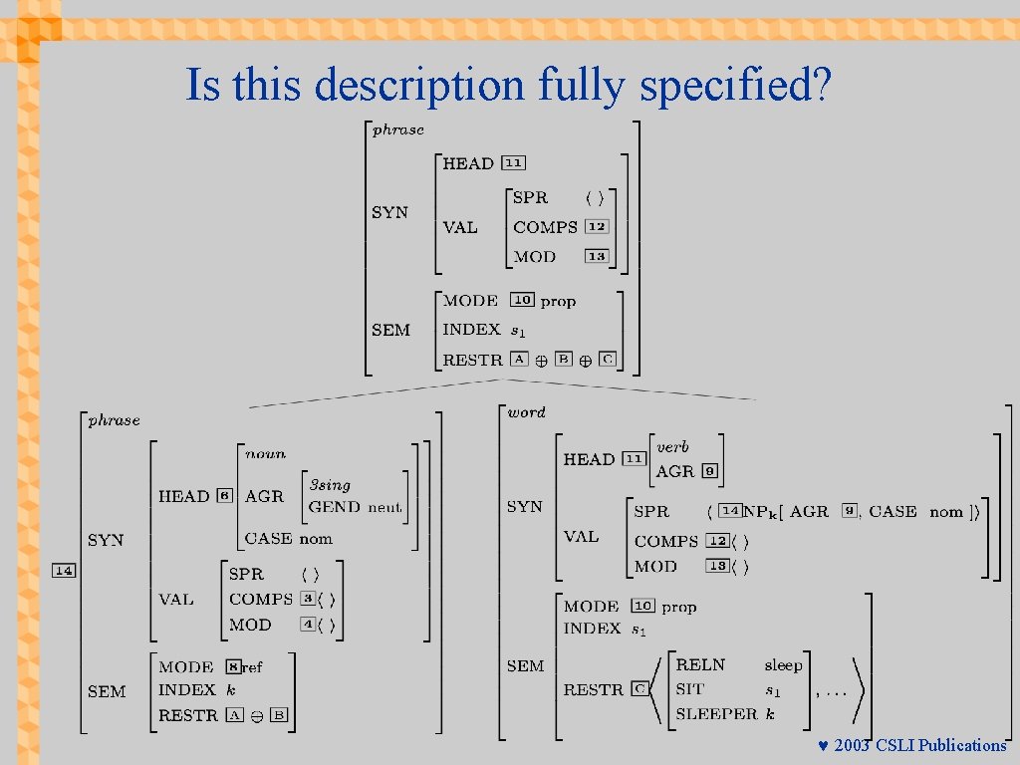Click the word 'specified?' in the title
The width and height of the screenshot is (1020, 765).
(735, 86)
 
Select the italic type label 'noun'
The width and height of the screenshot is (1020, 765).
(265, 453)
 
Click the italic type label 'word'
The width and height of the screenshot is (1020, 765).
(527, 411)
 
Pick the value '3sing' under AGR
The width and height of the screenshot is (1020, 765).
(330, 485)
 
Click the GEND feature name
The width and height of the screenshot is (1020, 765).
(334, 507)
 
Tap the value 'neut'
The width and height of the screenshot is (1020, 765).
(384, 507)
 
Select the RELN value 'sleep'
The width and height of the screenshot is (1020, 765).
(783, 664)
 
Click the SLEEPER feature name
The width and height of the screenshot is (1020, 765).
(716, 713)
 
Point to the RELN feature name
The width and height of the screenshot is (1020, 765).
(700, 664)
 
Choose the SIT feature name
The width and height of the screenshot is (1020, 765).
(689, 689)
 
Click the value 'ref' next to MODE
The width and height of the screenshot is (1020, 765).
(252, 667)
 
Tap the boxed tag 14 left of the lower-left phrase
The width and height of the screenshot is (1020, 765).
(64, 571)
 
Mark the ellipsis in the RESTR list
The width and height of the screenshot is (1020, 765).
(836, 690)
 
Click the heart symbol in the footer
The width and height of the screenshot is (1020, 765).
(823, 746)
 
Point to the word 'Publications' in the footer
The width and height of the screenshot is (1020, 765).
(962, 746)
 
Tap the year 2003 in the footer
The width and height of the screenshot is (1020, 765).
(853, 746)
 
